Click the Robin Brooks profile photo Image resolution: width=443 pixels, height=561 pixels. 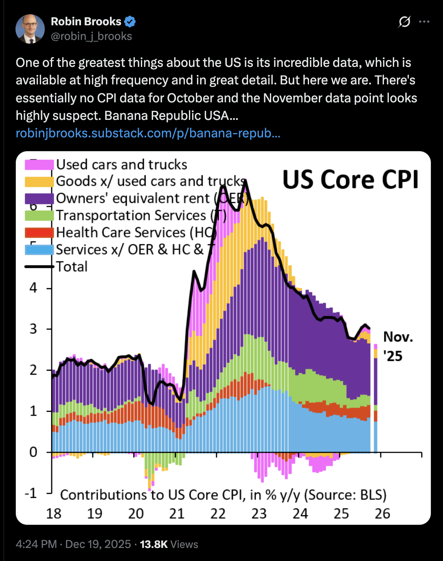click(x=30, y=29)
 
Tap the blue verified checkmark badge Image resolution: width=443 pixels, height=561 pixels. click(x=130, y=22)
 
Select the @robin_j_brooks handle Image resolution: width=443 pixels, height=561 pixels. click(x=91, y=36)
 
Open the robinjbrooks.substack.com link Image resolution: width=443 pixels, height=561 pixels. click(x=148, y=133)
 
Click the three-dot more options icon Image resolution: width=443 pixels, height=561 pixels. click(x=424, y=22)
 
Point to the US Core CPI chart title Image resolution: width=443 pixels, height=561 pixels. click(x=351, y=180)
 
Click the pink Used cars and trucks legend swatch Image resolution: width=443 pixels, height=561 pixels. click(x=39, y=165)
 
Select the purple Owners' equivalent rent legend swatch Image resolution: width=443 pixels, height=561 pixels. click(x=39, y=199)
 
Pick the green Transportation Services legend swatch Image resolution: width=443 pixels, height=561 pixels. click(x=39, y=215)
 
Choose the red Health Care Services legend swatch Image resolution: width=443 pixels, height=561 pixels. click(x=39, y=232)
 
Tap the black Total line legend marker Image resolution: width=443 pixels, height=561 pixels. click(x=39, y=267)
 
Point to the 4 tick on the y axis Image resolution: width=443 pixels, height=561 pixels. click(x=33, y=288)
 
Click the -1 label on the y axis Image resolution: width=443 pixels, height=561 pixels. click(x=31, y=493)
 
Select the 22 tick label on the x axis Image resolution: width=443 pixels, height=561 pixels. click(x=218, y=514)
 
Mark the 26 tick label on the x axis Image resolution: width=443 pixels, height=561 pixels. click(x=382, y=514)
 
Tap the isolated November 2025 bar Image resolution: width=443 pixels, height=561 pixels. click(x=375, y=400)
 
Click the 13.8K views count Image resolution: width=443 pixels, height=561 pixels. click(x=154, y=544)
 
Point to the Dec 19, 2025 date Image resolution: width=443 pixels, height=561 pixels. click(x=98, y=544)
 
